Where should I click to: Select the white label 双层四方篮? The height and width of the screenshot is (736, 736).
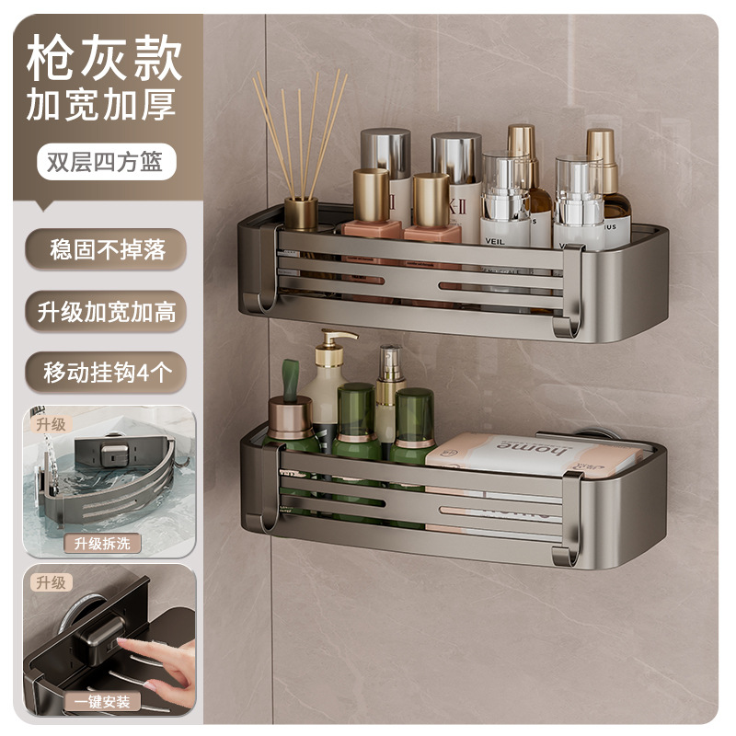[100, 161]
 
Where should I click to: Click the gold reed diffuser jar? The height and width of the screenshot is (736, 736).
[301, 213]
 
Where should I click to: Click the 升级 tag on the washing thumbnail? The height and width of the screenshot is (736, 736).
[52, 424]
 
